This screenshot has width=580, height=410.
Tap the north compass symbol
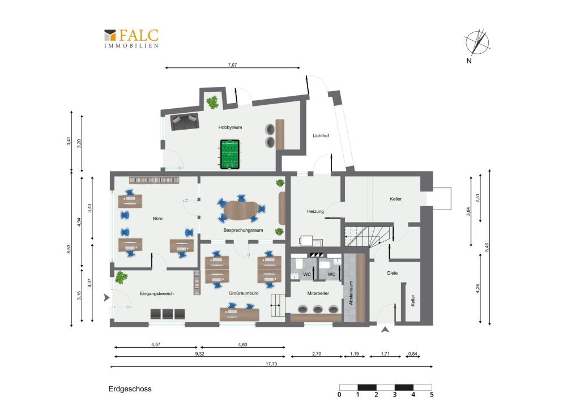477,42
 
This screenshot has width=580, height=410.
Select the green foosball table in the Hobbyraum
231,154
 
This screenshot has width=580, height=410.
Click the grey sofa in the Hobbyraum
184,122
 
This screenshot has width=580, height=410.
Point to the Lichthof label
321,136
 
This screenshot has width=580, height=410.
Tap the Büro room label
157,219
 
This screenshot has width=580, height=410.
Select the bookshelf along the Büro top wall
154,180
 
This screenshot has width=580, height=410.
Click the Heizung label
315,211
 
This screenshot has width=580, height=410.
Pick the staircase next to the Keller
368,236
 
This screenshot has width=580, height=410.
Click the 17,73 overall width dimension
271,364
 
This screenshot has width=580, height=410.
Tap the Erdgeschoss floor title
130,389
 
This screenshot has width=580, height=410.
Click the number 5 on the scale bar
432,395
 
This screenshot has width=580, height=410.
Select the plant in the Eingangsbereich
121,277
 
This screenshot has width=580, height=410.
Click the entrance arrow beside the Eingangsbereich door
106,297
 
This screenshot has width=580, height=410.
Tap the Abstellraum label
351,293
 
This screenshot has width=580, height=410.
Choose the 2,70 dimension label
317,354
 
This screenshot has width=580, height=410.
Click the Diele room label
393,273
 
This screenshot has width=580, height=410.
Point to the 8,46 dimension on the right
487,247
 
